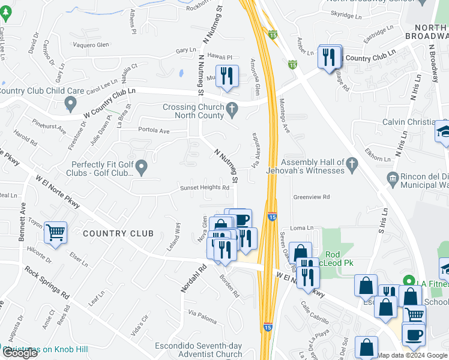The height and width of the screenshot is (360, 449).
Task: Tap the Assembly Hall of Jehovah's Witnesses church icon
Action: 353,163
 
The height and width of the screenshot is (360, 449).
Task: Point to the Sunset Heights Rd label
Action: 205,188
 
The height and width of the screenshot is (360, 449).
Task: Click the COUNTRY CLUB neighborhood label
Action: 118,233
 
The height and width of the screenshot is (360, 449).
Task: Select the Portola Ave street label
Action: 154,130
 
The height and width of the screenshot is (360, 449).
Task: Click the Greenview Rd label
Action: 312,197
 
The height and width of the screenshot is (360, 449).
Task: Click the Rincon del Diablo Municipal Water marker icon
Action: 393,178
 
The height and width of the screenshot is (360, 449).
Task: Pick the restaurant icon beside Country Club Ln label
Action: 329,58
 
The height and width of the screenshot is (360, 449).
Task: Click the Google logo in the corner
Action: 20,352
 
